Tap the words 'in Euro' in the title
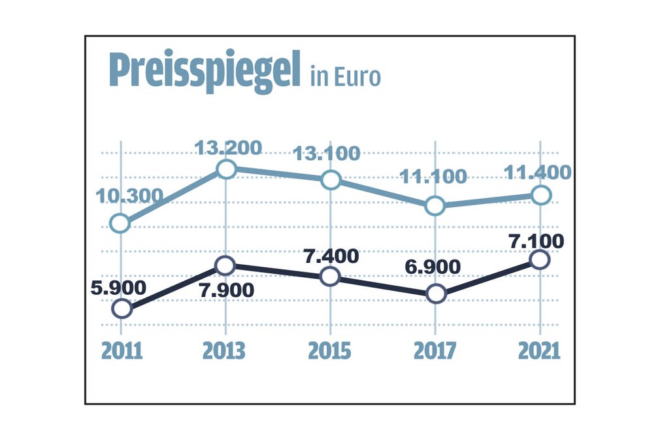[x=345, y=76]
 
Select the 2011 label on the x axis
[x=122, y=351]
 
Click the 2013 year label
[x=224, y=351]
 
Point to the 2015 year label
[x=329, y=351]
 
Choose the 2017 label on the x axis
[x=435, y=351]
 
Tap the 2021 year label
[x=539, y=351]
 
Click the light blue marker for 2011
[x=120, y=224]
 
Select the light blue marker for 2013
[x=225, y=169]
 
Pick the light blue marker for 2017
[x=435, y=206]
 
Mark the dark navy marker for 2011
[x=122, y=309]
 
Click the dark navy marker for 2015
[x=331, y=277]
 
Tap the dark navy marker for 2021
[x=540, y=260]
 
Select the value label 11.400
[x=538, y=173]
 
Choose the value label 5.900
[x=119, y=287]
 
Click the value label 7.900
[x=226, y=290]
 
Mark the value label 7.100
[x=536, y=241]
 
